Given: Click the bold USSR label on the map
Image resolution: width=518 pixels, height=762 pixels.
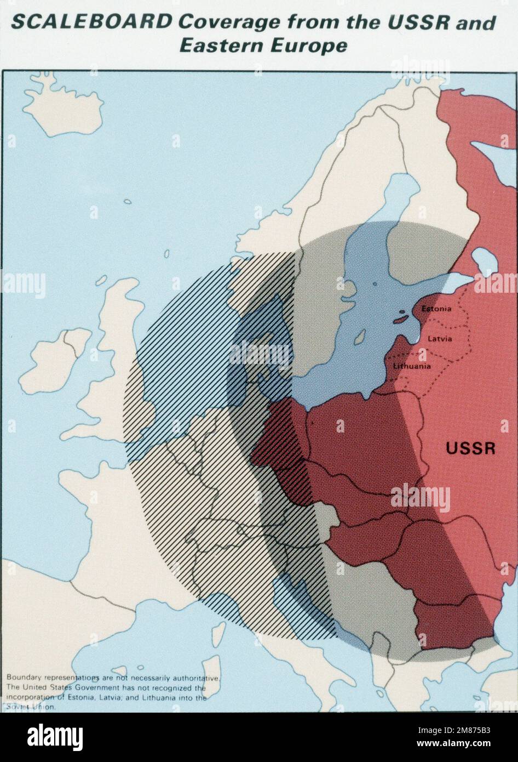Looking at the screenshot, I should tap(470, 448).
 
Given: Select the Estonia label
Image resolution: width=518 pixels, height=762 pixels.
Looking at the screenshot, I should tap(436, 309).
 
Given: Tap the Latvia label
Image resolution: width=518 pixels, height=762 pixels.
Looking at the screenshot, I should tap(440, 339).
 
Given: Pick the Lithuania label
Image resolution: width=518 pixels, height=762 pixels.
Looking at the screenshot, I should tap(412, 366).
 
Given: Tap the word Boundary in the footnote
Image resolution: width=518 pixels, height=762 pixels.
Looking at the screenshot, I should tap(24, 679).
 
